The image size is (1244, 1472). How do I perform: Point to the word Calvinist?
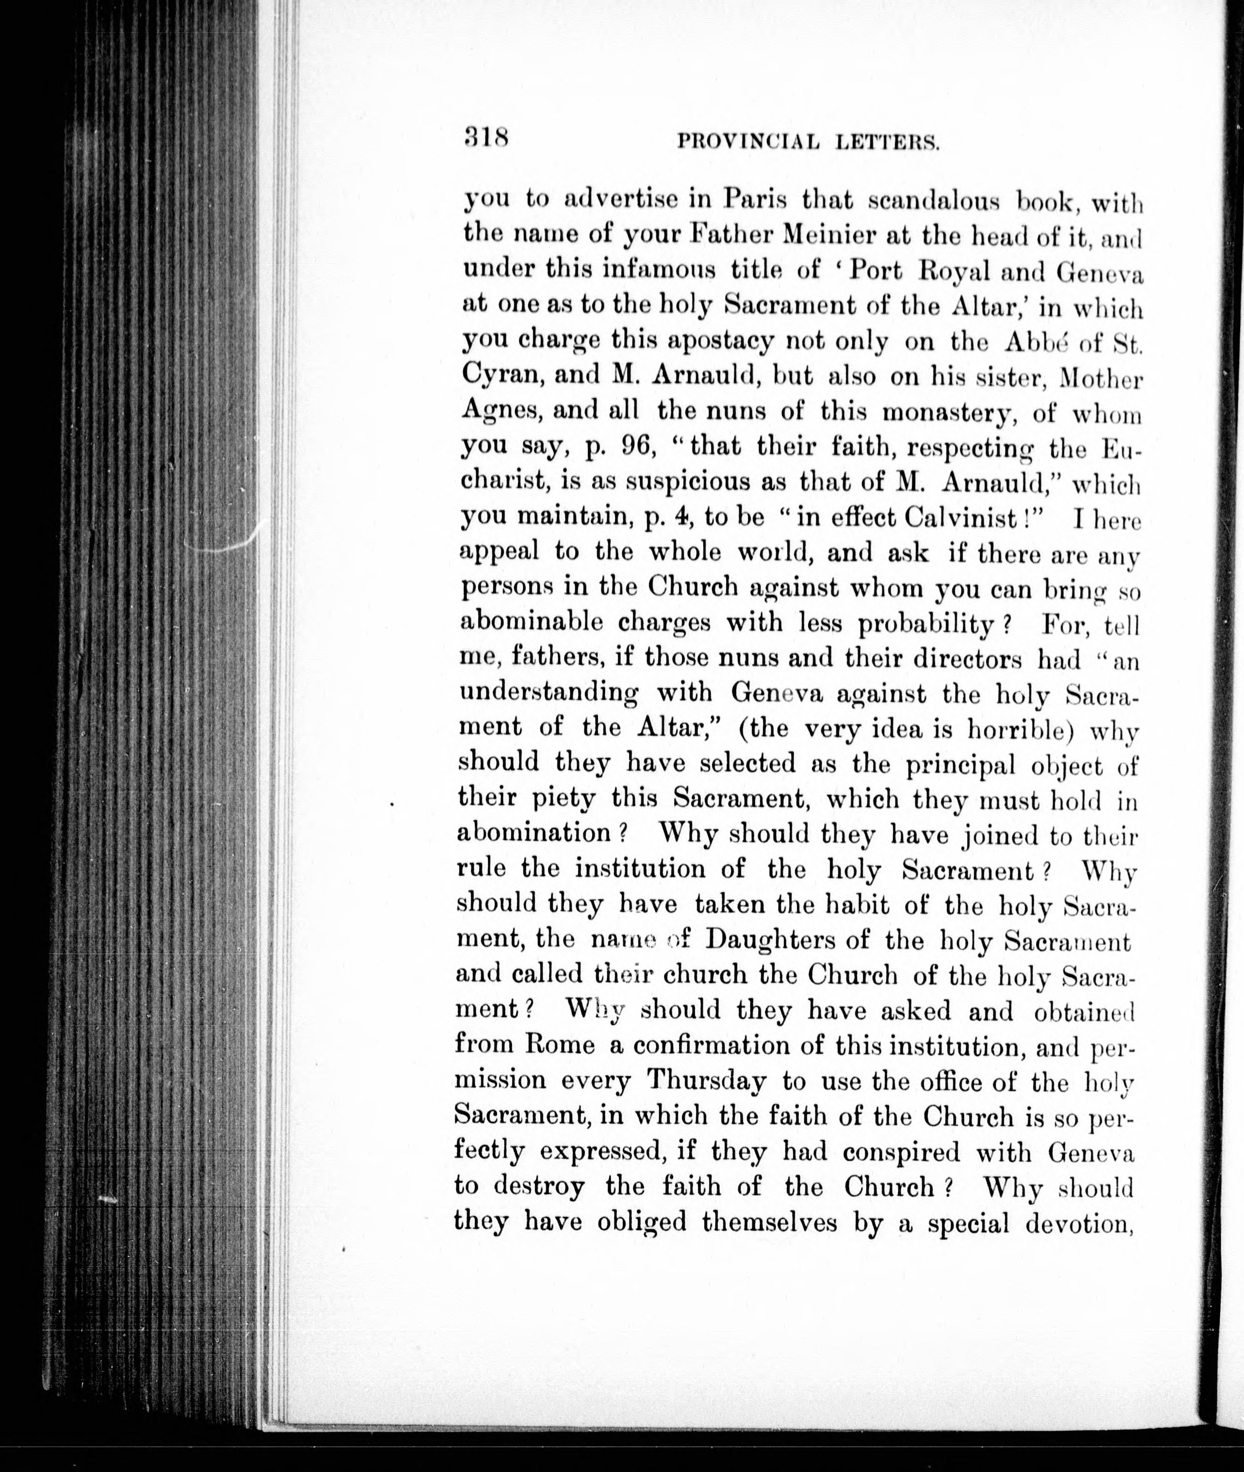(x=956, y=517)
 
